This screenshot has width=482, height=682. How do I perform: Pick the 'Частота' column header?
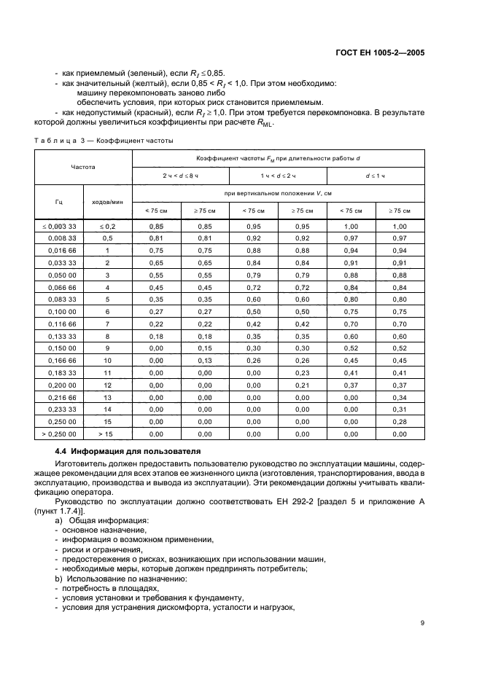click(x=82, y=167)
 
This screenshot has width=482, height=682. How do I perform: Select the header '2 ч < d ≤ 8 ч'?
click(x=180, y=176)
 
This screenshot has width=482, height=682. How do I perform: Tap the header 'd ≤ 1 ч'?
click(x=376, y=176)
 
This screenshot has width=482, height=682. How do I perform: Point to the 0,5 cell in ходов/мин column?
click(x=107, y=238)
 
